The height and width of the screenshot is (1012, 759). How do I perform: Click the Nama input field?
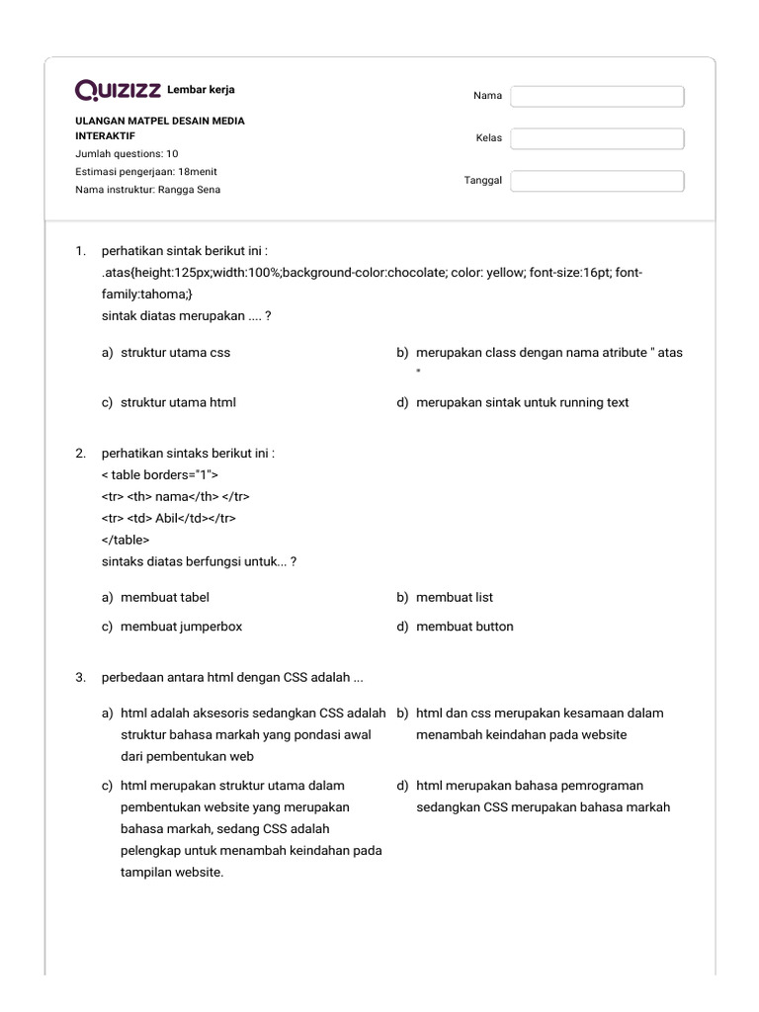coord(597,96)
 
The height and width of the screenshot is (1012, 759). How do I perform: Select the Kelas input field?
coord(597,138)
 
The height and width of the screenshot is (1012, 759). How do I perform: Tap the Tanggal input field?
coord(597,181)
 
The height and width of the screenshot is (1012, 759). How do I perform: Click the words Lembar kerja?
coord(202,90)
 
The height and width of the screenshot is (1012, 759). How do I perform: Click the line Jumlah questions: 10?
coord(126,154)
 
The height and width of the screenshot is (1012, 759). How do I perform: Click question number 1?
coord(81,251)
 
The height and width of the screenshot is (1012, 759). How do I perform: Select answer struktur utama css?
coord(175,352)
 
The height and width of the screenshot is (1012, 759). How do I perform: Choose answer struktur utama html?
coord(178,402)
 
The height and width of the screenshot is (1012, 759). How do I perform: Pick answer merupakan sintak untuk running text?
coord(522,402)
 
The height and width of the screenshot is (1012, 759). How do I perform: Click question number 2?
coord(81,454)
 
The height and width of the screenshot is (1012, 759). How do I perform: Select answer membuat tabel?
coord(164,597)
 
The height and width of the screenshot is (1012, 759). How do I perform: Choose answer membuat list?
coord(454,597)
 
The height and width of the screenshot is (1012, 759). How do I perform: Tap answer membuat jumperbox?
coord(181,626)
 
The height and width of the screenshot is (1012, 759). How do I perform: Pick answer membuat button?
coord(464,626)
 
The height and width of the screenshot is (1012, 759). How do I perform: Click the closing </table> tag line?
coord(126,540)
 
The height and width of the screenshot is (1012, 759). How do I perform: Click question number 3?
coord(81,677)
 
